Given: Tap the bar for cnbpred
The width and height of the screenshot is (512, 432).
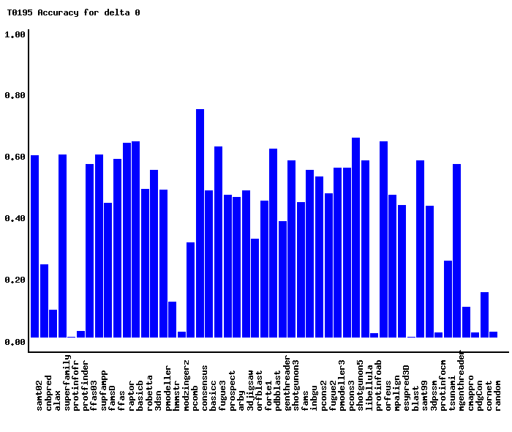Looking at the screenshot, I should tap(44, 301).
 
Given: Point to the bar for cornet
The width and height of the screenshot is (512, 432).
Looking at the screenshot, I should tap(484, 315).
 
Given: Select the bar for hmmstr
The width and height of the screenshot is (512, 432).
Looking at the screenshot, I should tap(181, 335).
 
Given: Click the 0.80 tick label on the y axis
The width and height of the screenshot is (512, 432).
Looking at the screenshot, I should tap(15, 96).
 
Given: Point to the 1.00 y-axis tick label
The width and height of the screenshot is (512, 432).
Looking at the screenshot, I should tap(15, 34).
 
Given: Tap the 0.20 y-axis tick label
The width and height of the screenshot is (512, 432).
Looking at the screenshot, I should tap(15, 280).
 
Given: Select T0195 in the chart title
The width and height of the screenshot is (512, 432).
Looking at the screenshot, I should tap(20, 12).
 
